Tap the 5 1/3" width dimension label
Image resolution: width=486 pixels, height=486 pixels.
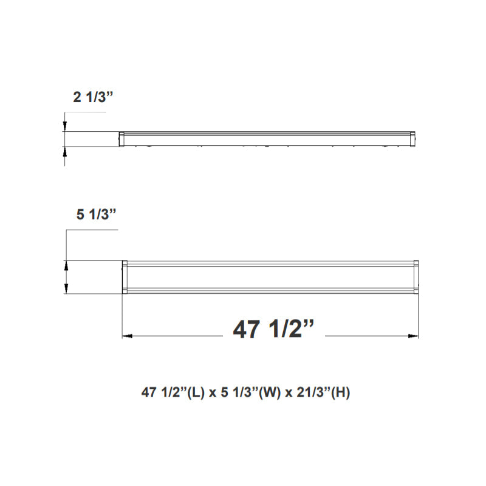[x=96, y=214]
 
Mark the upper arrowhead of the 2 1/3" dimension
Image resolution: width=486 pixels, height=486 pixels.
[x=65, y=126]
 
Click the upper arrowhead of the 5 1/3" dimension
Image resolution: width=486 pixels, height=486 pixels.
[x=65, y=265]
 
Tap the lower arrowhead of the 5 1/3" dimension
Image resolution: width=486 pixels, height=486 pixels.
[x=65, y=290]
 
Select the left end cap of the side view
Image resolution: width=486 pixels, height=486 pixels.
[x=122, y=139]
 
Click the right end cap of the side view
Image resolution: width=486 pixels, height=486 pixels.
[x=412, y=139]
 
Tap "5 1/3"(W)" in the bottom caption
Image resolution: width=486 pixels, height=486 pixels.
[x=248, y=393]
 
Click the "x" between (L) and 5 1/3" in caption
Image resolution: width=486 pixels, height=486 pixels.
[x=213, y=394]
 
